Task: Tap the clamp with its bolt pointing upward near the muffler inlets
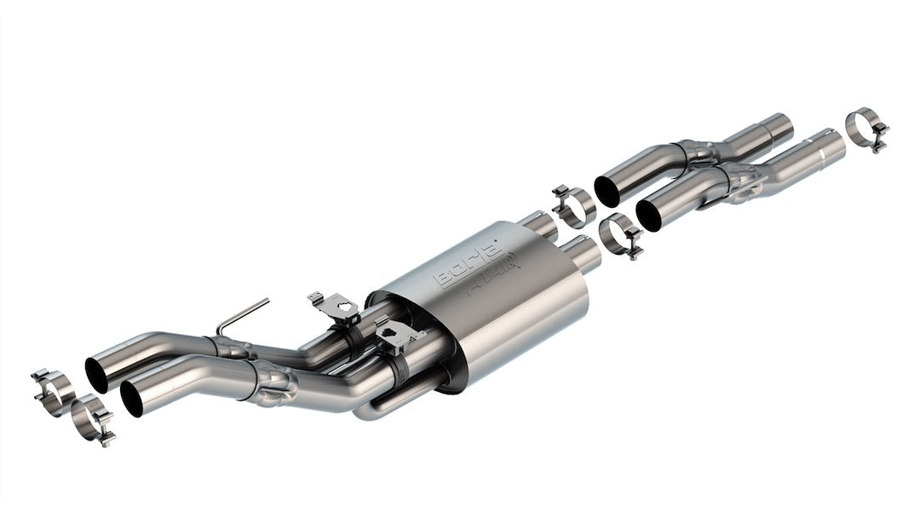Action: pyautogui.click(x=572, y=204)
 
